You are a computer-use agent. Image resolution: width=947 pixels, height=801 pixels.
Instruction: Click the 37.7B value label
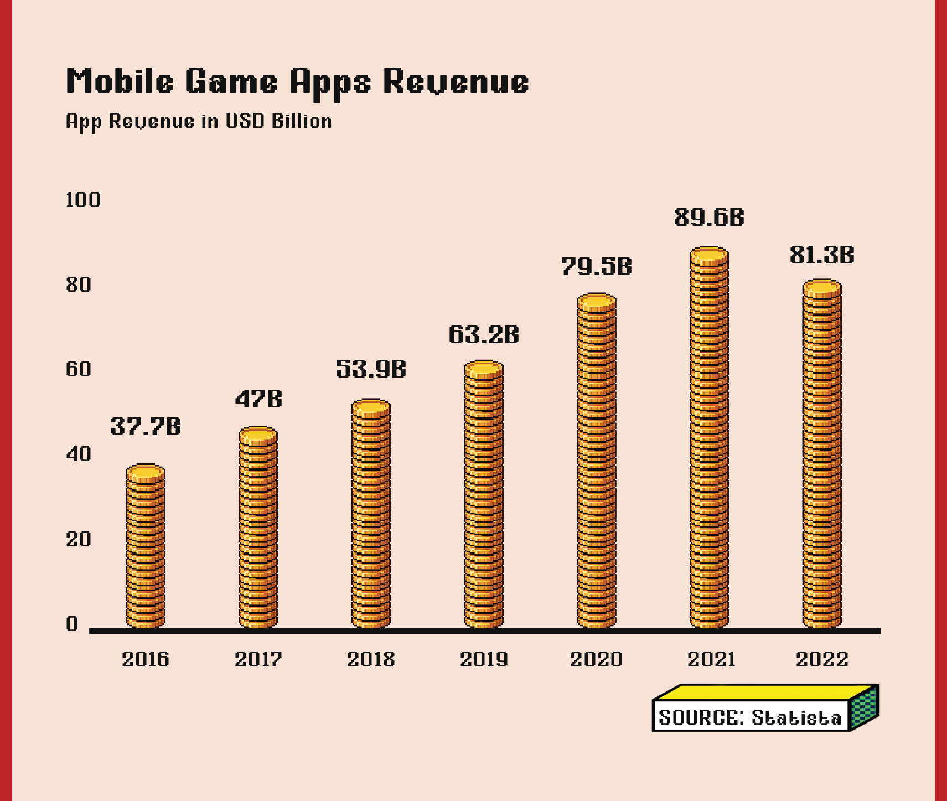click(146, 427)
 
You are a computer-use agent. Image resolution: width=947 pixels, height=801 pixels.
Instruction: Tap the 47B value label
click(258, 399)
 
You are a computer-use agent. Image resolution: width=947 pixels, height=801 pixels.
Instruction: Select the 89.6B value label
click(709, 218)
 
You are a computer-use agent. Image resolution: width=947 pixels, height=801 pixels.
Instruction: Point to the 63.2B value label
click(484, 335)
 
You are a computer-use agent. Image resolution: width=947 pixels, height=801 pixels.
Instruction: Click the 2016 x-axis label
click(146, 659)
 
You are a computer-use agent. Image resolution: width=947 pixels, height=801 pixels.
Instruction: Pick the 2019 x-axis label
click(484, 659)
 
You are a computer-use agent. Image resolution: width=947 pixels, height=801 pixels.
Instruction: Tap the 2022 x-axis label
click(822, 659)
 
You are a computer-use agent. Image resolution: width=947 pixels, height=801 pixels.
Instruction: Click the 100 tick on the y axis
click(83, 200)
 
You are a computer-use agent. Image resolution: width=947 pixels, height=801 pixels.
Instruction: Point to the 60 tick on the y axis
click(78, 369)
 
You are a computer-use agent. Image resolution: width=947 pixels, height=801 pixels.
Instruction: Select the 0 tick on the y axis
click(72, 624)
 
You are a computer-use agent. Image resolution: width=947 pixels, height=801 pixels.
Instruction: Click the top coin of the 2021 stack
click(709, 255)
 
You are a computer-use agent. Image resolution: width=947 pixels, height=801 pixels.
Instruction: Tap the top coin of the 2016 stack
click(146, 473)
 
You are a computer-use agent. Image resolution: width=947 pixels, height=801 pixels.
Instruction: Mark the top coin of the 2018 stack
click(371, 407)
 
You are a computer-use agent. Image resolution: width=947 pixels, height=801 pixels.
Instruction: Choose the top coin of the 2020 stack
click(597, 302)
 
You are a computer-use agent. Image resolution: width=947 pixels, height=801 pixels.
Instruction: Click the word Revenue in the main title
click(456, 82)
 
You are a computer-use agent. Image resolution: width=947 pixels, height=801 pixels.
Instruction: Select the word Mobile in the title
click(120, 82)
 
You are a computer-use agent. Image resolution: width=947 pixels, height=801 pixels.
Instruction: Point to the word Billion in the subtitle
click(302, 121)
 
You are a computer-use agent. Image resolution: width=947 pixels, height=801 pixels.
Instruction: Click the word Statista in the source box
click(796, 718)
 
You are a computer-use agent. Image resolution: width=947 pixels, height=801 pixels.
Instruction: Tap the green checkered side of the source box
click(864, 708)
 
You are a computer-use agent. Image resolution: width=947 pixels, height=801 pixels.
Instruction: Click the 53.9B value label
click(371, 369)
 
